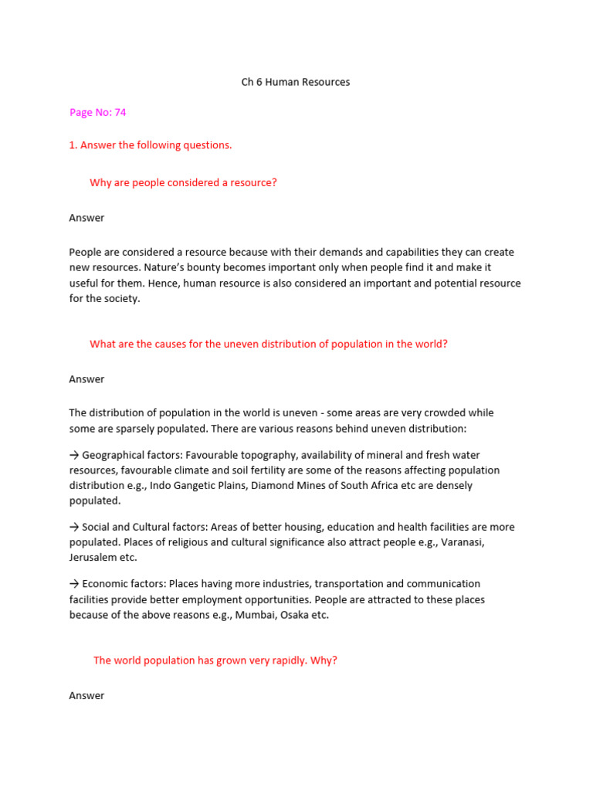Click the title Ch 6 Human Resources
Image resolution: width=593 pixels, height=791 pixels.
(296, 82)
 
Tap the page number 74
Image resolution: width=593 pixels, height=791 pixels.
(120, 112)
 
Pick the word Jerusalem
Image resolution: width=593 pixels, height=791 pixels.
(94, 558)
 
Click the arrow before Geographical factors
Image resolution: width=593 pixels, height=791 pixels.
(74, 455)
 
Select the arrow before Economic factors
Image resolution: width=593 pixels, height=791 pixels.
(74, 584)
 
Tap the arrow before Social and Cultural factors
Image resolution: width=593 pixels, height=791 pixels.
(74, 527)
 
